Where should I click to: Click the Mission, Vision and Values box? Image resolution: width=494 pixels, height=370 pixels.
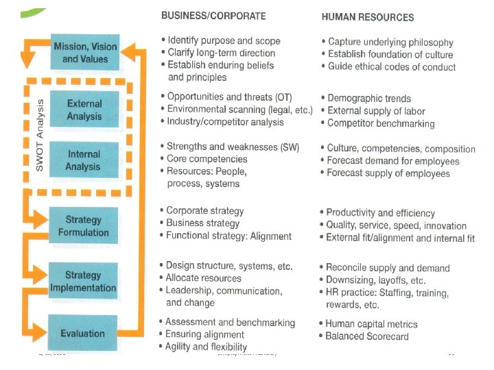coord(85,52)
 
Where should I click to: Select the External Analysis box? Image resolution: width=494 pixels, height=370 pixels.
coord(84,110)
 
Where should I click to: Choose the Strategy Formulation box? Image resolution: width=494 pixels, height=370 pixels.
coord(83,226)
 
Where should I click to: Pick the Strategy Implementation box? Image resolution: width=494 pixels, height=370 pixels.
coord(83,281)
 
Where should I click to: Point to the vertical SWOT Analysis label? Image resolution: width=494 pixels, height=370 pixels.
coord(39,135)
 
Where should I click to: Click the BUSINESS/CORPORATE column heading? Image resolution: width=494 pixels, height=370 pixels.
coord(213,14)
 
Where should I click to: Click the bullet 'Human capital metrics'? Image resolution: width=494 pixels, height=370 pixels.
coord(371,324)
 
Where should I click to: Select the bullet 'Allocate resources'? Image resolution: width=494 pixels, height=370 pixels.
coord(203,278)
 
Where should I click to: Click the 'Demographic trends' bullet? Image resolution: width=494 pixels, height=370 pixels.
coord(368,99)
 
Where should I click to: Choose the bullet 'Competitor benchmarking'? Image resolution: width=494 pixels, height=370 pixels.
coord(380,123)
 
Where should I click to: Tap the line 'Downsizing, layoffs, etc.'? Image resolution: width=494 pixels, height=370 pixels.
coord(375,280)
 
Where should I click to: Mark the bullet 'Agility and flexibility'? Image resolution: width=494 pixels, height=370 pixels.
coord(206,347)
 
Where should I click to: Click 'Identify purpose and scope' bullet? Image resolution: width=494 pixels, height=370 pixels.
coord(220,40)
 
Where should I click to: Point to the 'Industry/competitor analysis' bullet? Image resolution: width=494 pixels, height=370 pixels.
coord(224,122)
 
